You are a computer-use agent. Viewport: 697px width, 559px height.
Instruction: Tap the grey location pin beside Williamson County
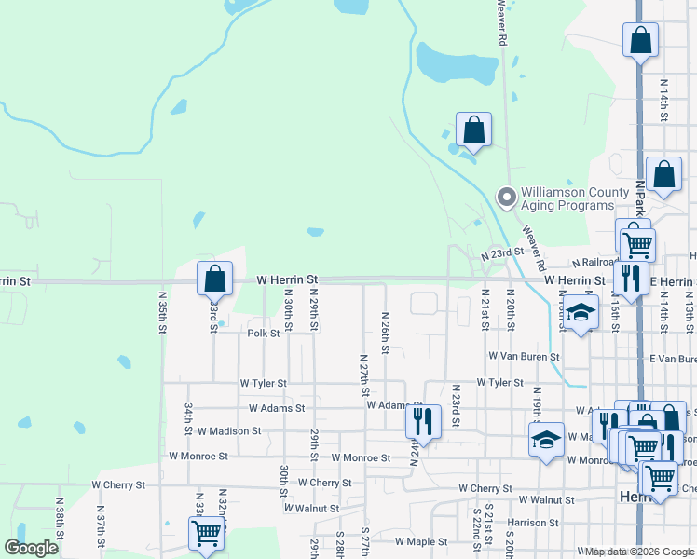[x=506, y=197]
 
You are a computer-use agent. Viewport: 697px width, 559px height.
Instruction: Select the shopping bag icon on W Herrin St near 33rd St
[x=214, y=278]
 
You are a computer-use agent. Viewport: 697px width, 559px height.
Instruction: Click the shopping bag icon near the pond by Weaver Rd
[x=473, y=130]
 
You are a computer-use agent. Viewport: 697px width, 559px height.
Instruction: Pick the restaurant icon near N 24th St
[x=422, y=421]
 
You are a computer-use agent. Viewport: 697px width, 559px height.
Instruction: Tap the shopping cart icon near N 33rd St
[x=206, y=533]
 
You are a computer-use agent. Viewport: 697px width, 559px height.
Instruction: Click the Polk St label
[x=264, y=333]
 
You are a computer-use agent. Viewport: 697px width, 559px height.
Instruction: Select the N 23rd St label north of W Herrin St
[x=511, y=253]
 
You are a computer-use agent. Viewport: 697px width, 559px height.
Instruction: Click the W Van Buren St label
[x=524, y=356]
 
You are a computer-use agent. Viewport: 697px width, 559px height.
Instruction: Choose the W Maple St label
[x=421, y=540]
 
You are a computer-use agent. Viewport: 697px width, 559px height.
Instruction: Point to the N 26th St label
[x=385, y=333]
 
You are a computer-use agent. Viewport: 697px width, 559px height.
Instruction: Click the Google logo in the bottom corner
[x=32, y=547]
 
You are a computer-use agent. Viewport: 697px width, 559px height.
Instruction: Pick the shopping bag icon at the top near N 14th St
[x=640, y=40]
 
